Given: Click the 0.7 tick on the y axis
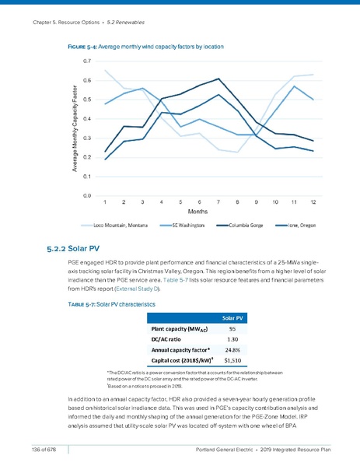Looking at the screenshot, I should point(89,61).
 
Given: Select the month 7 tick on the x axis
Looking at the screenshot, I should point(219,201).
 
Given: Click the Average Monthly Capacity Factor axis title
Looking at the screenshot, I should point(75,128).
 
